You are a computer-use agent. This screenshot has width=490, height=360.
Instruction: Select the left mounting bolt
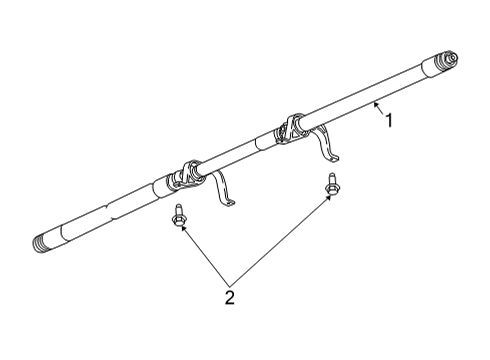click(x=178, y=218)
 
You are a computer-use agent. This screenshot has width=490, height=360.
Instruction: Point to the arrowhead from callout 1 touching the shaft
click(x=374, y=105)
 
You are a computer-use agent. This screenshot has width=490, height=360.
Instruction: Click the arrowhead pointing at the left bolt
click(x=184, y=230)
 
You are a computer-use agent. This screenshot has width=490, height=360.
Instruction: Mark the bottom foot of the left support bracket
click(x=229, y=204)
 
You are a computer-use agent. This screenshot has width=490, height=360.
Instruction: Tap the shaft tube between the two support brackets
click(x=240, y=149)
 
